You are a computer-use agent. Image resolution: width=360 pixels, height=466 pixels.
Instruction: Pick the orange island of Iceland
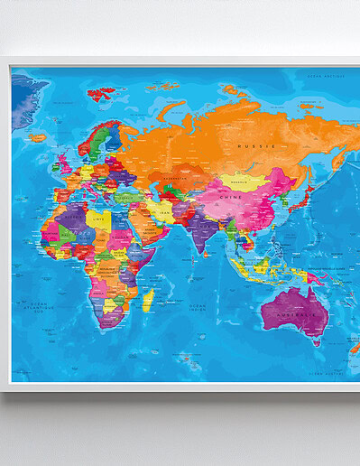[37, 137]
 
